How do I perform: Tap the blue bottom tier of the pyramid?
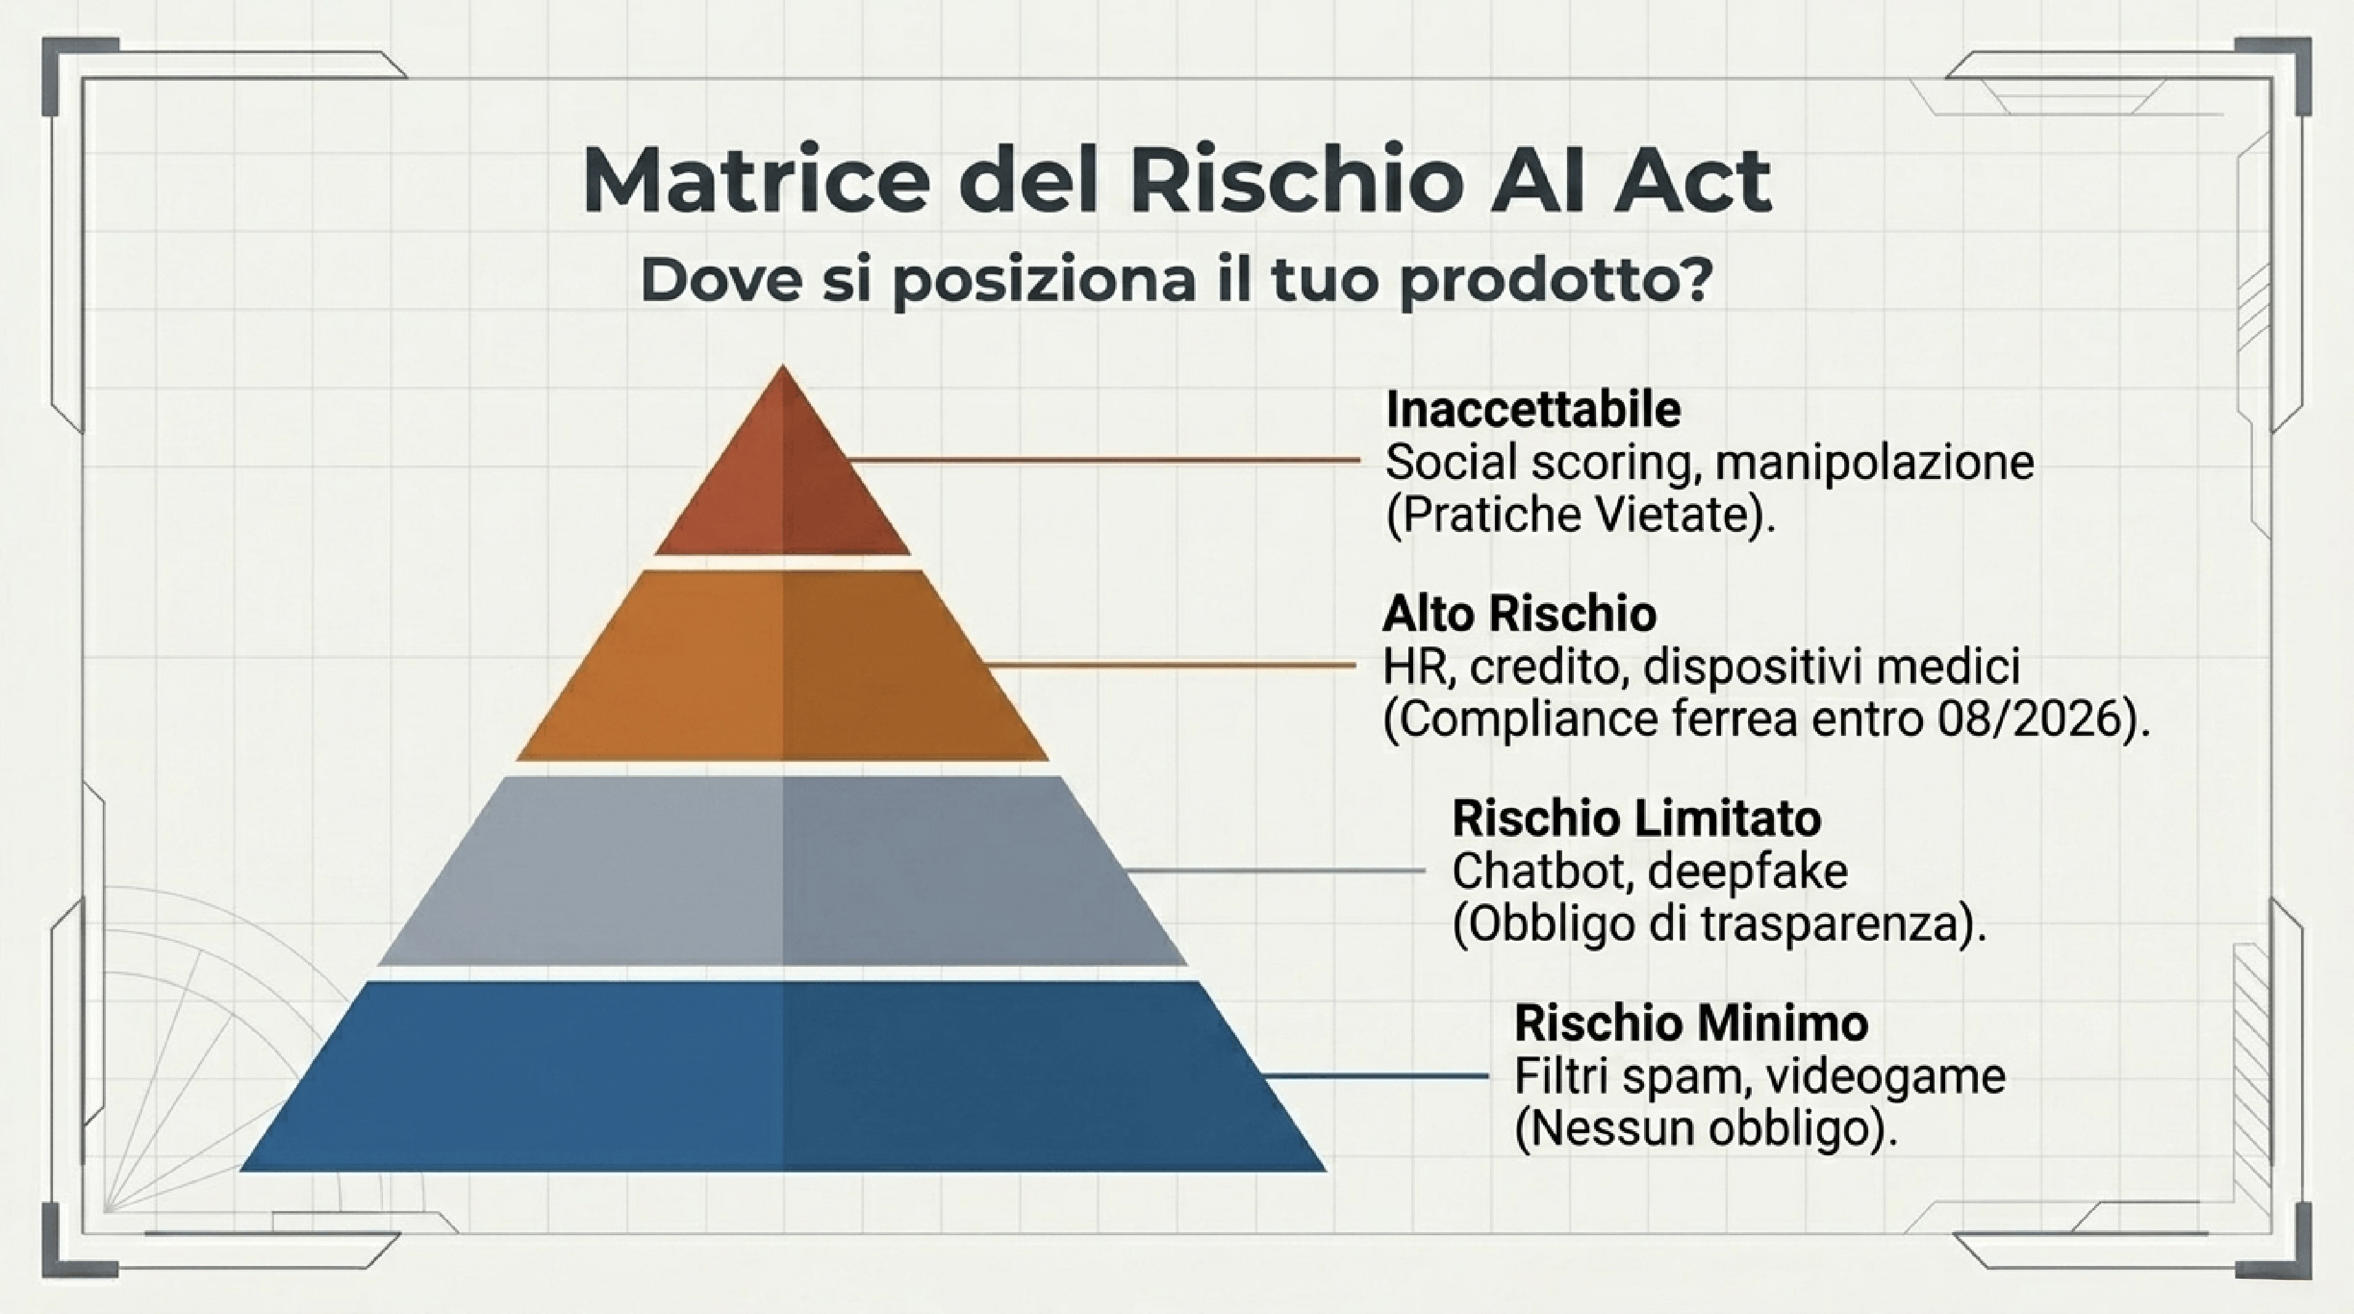(782, 1076)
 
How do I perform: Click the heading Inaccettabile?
(1533, 409)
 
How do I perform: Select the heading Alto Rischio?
(1519, 613)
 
